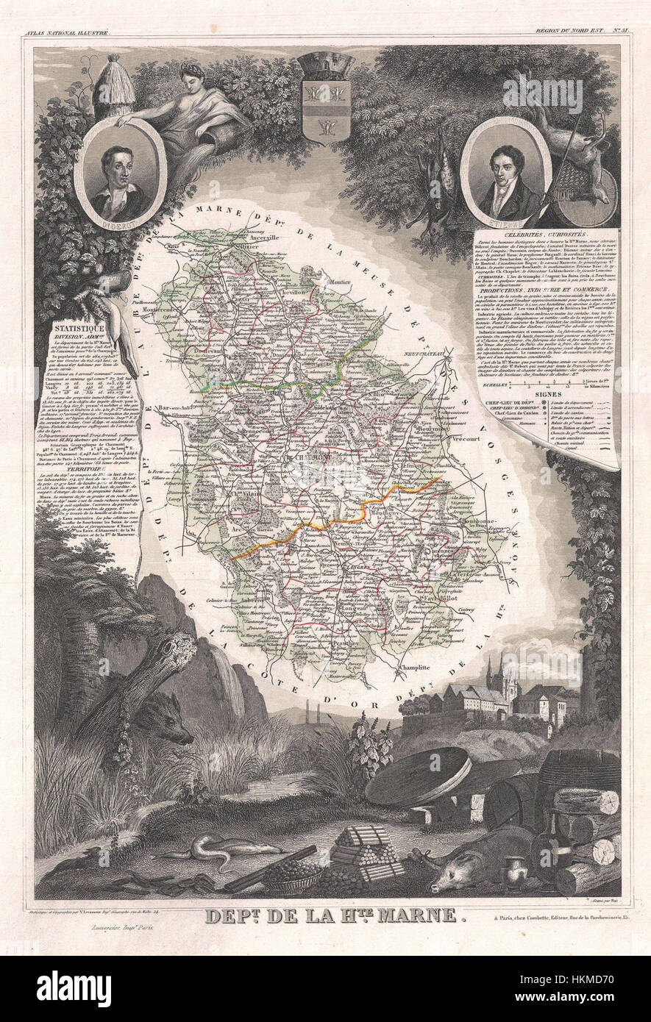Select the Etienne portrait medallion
(x=505, y=174)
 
